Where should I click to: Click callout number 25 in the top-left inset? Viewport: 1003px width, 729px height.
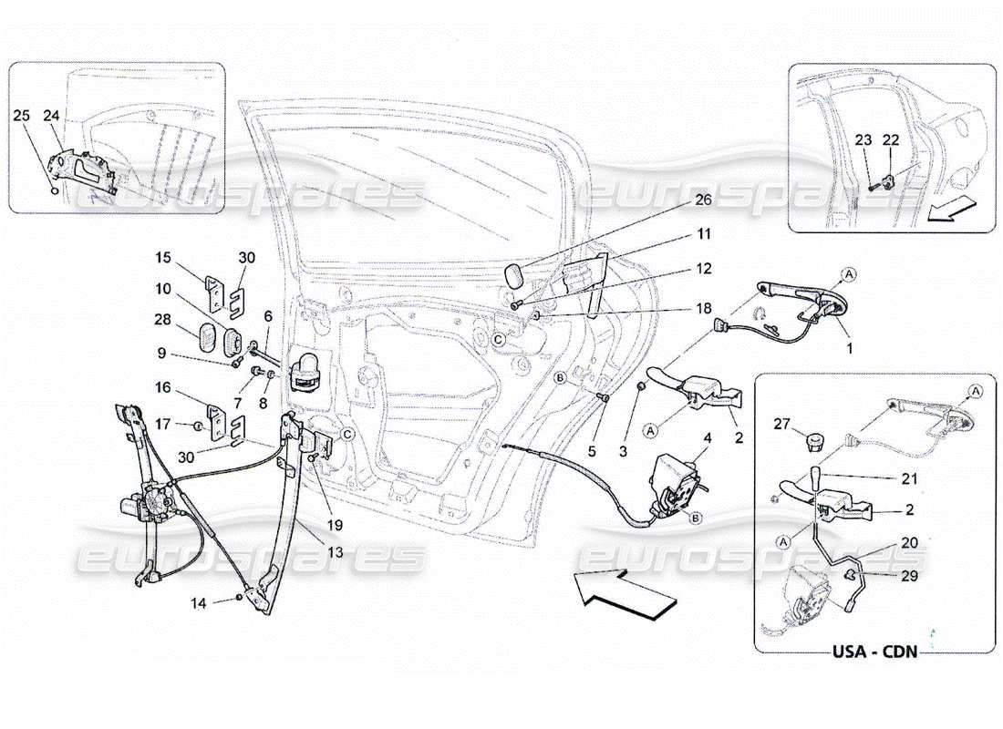23,116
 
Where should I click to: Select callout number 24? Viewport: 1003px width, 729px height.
51,116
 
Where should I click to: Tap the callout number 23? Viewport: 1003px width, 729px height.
863,139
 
